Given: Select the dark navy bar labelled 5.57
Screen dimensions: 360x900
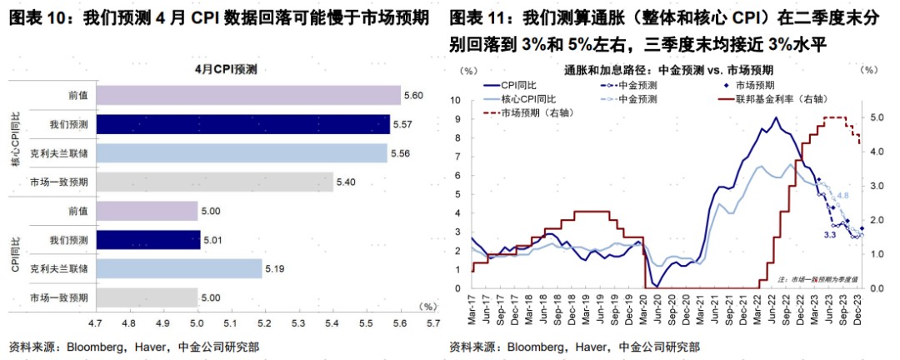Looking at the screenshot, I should [242, 125].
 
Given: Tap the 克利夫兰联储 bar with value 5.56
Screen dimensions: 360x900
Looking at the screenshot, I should [241, 153].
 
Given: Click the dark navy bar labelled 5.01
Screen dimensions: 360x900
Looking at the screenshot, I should [147, 240].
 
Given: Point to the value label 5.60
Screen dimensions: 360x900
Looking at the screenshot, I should [412, 96].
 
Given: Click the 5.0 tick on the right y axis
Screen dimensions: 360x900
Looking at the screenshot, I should [876, 117].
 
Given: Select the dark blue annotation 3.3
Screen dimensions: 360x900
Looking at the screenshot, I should [830, 236].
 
